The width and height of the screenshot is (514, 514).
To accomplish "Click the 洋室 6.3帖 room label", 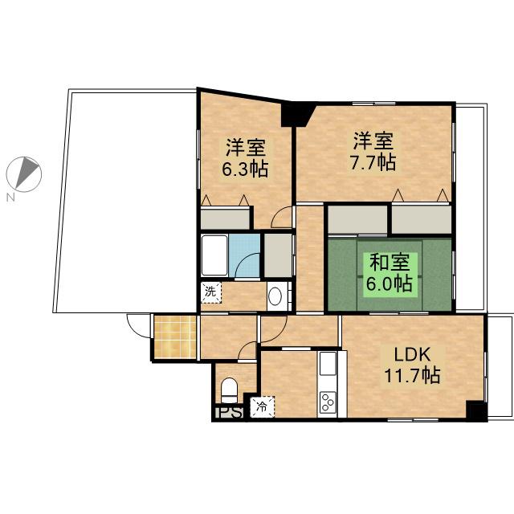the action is [245, 158].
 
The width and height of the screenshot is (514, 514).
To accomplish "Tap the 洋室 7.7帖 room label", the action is [373, 152].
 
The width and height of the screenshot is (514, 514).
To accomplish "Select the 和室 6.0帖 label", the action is [390, 273].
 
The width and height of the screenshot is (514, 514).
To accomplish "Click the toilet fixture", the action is [229, 391].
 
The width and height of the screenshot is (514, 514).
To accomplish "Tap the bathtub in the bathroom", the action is [214, 255].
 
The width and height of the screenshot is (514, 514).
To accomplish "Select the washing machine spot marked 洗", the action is [210, 292].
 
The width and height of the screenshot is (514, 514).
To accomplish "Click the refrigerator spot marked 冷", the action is [262, 407].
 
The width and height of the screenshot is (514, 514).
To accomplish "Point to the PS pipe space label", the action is [229, 412].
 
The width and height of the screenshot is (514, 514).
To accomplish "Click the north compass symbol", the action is [24, 174].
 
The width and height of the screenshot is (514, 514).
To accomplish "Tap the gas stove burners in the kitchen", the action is [328, 402].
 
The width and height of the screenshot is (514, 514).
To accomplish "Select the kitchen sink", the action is [328, 363].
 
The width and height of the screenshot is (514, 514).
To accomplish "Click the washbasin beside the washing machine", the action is [275, 296].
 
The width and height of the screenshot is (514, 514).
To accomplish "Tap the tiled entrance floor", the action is [175, 337].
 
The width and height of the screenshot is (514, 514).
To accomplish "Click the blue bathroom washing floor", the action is [244, 255].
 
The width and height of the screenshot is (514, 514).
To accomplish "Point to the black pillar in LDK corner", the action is [476, 410].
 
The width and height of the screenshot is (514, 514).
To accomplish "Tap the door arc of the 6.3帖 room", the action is [281, 217].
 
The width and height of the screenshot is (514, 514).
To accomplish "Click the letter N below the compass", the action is [11, 198].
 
